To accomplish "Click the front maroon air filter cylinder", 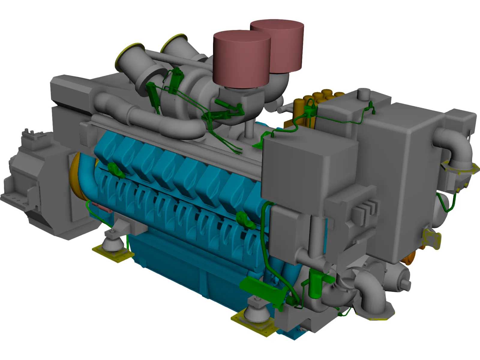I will [241, 60].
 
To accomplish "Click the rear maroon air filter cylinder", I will [285, 42].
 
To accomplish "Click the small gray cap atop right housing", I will [364, 94].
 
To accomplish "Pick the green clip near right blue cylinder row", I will [244, 219].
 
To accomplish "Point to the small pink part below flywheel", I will [100, 207].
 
